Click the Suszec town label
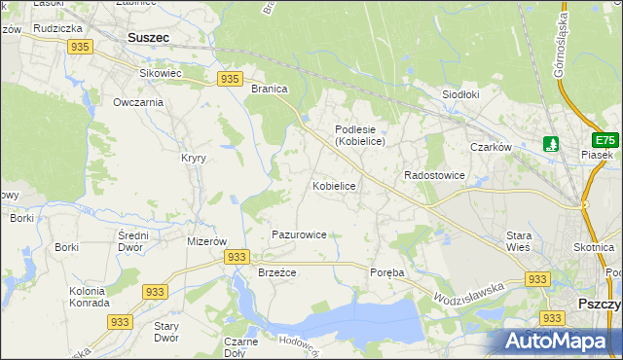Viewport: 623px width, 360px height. (x=148, y=38)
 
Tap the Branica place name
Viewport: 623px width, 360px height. (x=270, y=89)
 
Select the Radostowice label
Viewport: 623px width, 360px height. (x=434, y=175)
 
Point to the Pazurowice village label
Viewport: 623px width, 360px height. (x=299, y=234)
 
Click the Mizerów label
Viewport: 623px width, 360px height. (x=206, y=240)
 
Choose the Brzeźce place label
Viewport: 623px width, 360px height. (x=276, y=272)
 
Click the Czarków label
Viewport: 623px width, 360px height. (x=491, y=147)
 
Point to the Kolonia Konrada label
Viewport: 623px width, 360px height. (x=89, y=297)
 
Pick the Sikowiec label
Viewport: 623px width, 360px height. (x=162, y=73)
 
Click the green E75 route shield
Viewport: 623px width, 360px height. (x=607, y=139)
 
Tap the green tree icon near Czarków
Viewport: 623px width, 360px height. (x=552, y=144)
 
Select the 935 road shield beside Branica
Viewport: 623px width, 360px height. (x=230, y=79)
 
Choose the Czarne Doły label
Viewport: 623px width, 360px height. (x=240, y=347)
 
